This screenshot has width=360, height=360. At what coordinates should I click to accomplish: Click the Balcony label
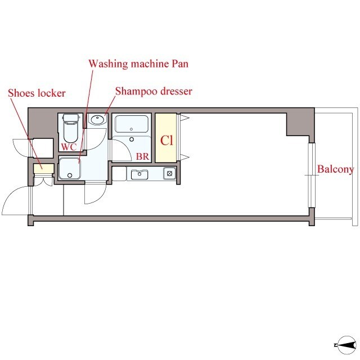coord(335,169)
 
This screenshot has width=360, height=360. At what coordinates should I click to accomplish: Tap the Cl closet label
coord(166,140)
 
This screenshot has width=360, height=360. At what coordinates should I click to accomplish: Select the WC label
coord(69,147)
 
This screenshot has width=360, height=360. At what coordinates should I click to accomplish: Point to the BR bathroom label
coord(142,156)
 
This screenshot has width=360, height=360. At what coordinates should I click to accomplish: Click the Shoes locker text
coord(37,93)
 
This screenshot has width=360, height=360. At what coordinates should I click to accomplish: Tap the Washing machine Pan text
coord(138,64)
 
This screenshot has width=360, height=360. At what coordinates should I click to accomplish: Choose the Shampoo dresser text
coord(154,91)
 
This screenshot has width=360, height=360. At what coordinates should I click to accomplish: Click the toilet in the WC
coord(71,129)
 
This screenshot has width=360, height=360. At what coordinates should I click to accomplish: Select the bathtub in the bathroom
coord(132,124)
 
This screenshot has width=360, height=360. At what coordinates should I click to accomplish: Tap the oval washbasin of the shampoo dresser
coord(97,119)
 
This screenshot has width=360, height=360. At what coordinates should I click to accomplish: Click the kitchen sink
coord(139,174)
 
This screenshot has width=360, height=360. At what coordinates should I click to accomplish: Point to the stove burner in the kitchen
coord(170,173)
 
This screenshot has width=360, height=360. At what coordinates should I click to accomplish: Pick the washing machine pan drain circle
coord(70,175)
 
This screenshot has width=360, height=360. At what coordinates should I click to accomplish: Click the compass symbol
coord(346,345)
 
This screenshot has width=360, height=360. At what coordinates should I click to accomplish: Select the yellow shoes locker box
coord(44,169)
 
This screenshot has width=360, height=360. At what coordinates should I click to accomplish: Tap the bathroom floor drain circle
coord(132,139)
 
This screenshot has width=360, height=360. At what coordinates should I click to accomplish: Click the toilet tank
coord(71,118)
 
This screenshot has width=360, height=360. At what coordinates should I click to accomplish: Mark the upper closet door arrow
coord(184,118)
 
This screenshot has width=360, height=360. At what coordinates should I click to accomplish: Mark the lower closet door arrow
coord(184,157)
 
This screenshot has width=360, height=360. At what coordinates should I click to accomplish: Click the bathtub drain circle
coord(131,129)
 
